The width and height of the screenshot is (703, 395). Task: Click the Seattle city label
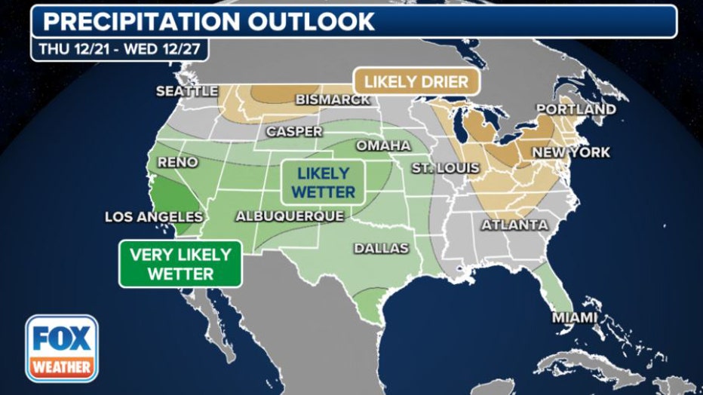(x=186, y=91)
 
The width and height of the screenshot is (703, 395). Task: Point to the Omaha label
(x=383, y=145)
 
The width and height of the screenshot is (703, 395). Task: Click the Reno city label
(x=178, y=162)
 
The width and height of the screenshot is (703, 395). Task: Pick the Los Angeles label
(x=154, y=217)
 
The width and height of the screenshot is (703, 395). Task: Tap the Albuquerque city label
(x=290, y=216)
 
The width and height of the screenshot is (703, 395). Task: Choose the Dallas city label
(x=382, y=248)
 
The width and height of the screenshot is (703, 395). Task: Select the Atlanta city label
(x=515, y=225)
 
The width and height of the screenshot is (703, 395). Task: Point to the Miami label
(x=575, y=318)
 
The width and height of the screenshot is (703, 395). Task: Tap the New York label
(x=571, y=152)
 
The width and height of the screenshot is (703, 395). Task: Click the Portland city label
(x=576, y=109)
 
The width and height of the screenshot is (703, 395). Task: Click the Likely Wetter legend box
(x=323, y=182)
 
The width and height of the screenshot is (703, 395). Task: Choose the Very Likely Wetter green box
(x=180, y=263)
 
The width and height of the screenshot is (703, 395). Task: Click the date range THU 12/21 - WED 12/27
(x=119, y=50)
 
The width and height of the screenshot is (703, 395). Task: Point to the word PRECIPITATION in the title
(x=133, y=20)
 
